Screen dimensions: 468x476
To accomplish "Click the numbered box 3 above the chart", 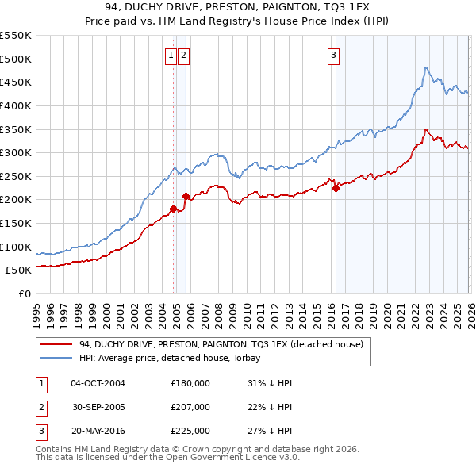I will pos(333,55).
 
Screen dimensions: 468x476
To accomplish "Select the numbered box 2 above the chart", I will pos(183,55).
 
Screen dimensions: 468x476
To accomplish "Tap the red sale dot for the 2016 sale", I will pos(336,188).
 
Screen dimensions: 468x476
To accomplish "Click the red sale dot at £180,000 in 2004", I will pos(173,209).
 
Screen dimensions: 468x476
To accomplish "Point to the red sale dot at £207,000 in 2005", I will pos(186,197).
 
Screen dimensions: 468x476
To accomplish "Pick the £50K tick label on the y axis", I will pos(19,270).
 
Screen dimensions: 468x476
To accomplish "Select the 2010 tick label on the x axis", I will pos(246,309).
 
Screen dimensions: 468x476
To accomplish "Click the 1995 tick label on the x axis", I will pos(36,309).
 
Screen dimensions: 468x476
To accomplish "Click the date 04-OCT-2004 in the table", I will pos(98,383).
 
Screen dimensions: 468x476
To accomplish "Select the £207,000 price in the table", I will pos(190,407).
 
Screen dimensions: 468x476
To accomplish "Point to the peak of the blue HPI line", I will pos(426,67).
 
